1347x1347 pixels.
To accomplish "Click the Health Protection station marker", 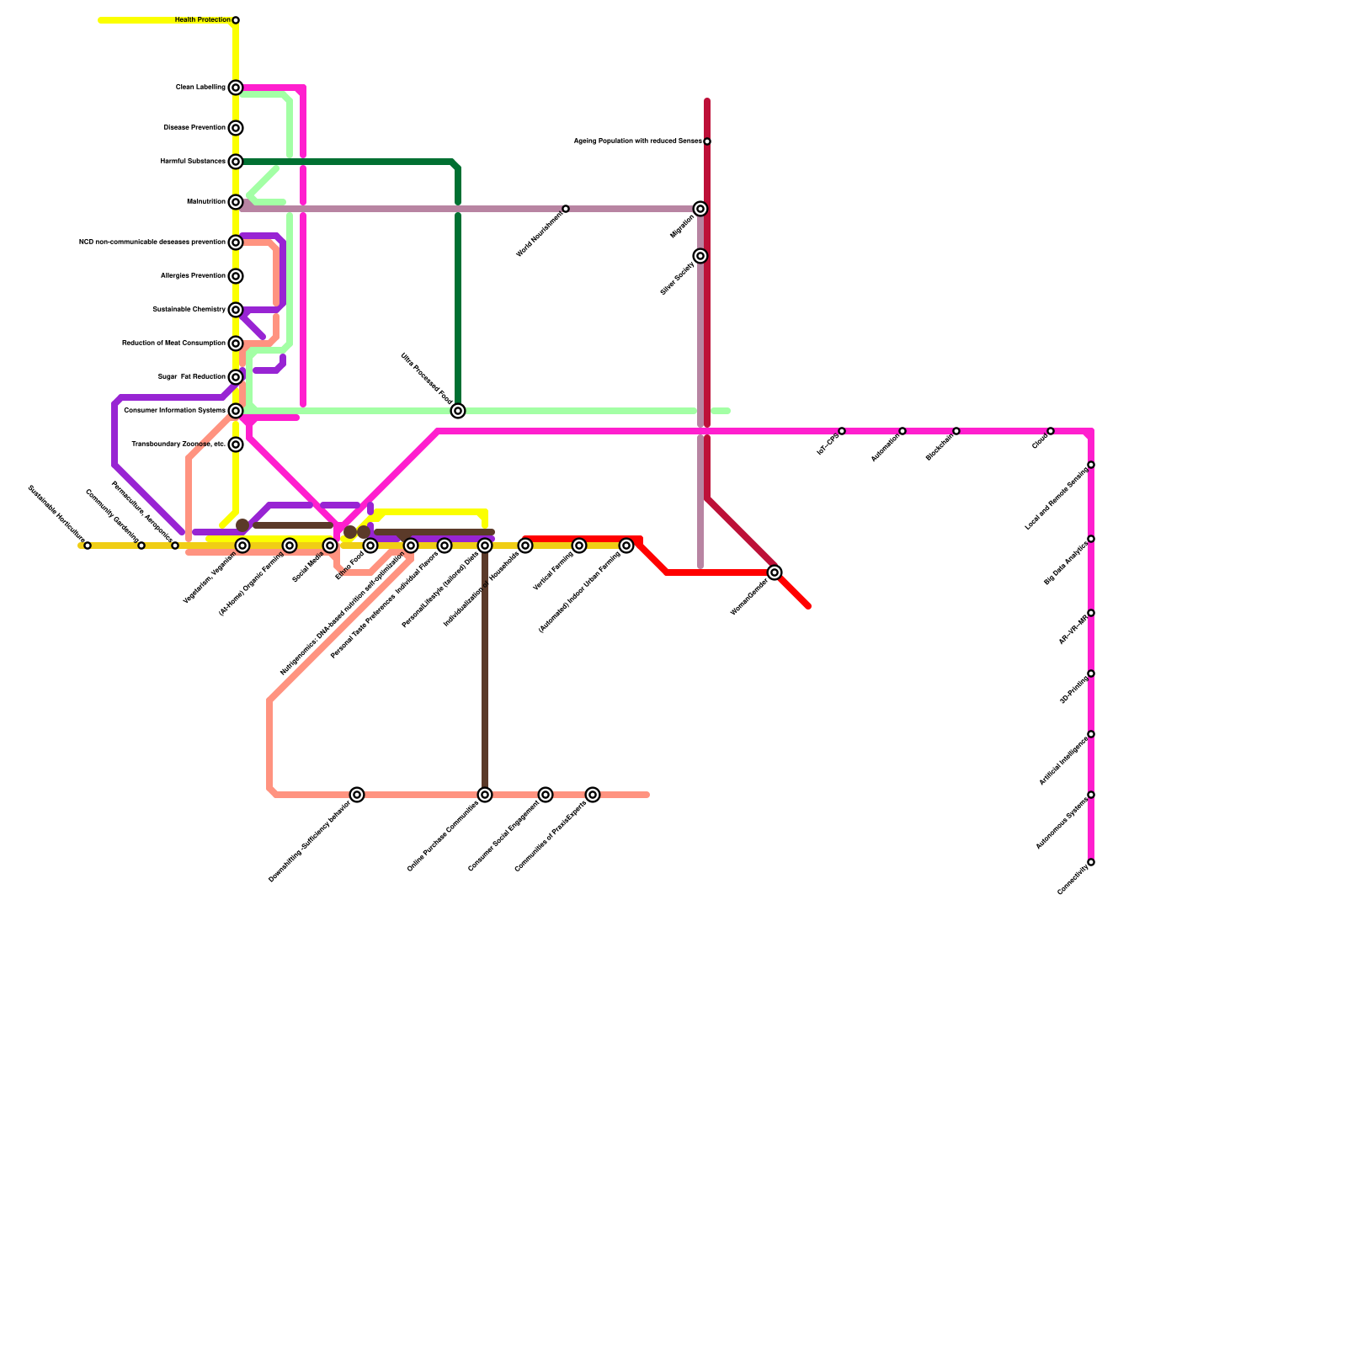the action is tap(236, 20).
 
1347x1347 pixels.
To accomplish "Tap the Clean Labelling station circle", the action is tap(236, 88).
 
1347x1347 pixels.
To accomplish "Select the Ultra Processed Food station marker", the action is tap(458, 411).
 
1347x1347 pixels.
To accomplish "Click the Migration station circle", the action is tap(700, 209).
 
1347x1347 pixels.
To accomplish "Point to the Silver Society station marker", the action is tap(700, 256).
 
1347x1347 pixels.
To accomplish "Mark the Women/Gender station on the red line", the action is tap(775, 572).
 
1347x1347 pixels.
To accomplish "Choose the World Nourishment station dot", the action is tap(566, 209).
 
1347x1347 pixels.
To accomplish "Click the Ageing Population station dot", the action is tap(707, 141).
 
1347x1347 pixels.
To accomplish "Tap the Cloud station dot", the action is tap(1051, 431).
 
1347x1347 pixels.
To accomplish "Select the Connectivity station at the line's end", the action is tap(1091, 862).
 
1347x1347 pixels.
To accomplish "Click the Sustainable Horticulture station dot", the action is tap(88, 546).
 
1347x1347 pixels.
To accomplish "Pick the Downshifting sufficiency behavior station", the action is tap(357, 795).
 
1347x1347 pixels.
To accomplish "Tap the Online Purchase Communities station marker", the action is tap(485, 795).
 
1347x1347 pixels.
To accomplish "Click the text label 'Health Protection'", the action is tap(202, 20).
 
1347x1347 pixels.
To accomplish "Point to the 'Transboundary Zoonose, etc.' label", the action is tap(178, 445).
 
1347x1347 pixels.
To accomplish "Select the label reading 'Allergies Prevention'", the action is tap(193, 276).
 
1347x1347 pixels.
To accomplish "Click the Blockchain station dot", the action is tap(956, 431).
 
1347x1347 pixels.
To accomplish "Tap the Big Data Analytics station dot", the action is tap(1091, 539).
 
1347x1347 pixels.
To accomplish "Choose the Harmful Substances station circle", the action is tap(236, 162).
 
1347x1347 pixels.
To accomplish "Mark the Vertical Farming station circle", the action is tap(579, 546).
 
